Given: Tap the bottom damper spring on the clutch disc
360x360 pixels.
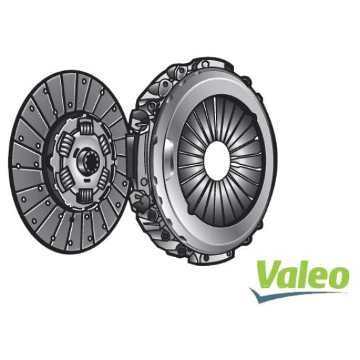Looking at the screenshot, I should click(86, 196).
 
